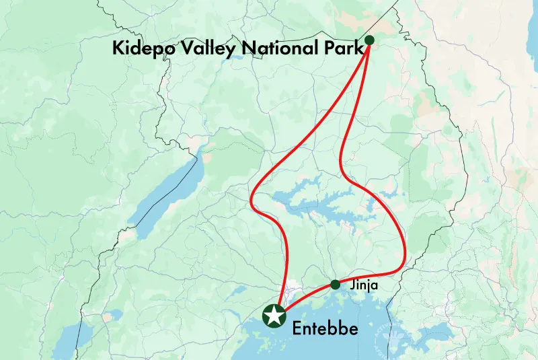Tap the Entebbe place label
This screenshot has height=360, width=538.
(x=325, y=330)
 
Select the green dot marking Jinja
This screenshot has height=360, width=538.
(x=335, y=284)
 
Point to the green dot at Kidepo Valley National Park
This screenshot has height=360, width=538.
(x=369, y=40)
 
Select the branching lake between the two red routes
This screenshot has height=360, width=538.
(x=316, y=202)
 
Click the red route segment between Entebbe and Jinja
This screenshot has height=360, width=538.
(x=306, y=297)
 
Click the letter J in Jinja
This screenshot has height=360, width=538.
(x=352, y=285)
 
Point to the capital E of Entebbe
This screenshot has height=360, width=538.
(x=297, y=330)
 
